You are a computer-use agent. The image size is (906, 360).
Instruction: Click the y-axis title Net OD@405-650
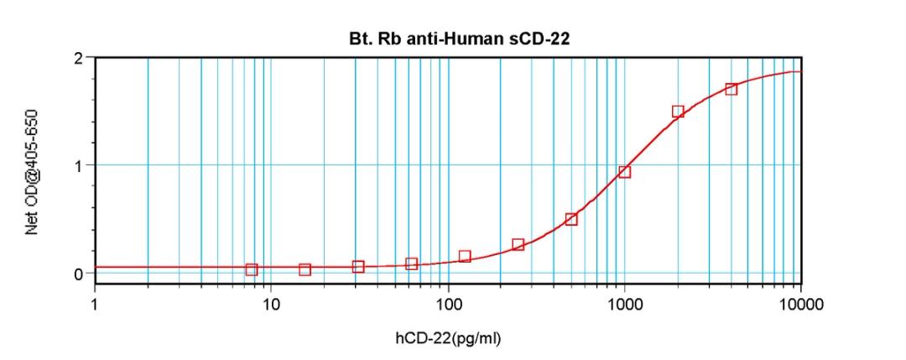33,169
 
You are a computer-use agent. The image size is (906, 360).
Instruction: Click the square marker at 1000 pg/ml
624,172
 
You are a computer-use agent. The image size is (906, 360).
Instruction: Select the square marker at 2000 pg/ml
678,112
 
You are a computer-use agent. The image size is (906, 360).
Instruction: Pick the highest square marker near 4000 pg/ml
731,89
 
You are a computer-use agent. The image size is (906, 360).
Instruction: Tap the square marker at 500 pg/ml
571,219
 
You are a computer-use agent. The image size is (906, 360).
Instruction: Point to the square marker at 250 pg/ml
518,244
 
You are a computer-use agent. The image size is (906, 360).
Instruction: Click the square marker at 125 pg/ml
465,256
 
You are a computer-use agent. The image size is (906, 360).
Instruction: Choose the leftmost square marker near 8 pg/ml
252,269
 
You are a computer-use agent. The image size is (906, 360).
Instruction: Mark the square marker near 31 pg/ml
358,267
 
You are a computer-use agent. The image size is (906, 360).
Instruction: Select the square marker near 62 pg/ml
411,263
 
